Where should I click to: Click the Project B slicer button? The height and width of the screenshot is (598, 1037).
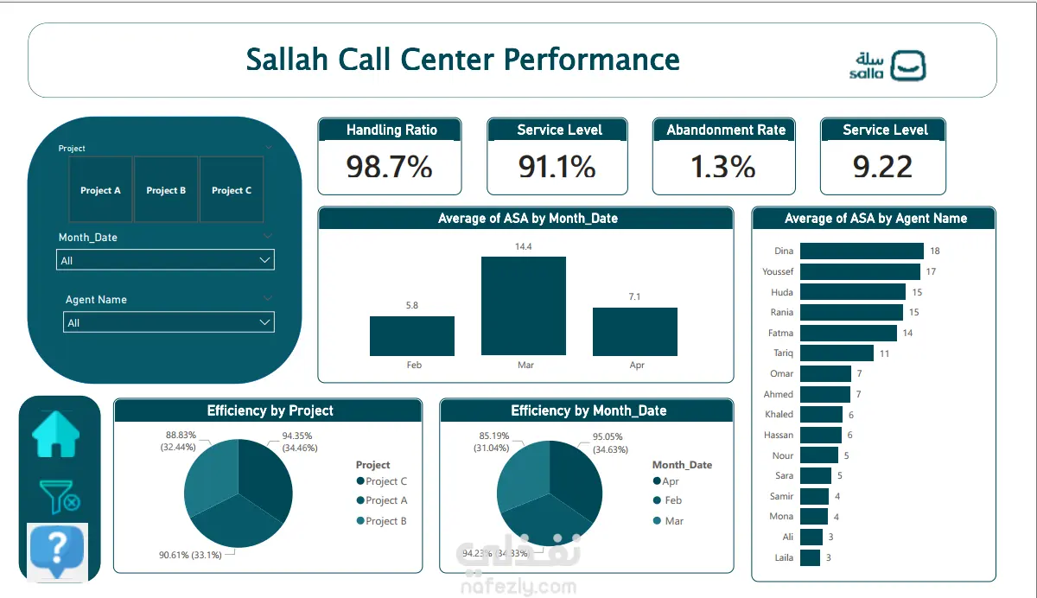point(166,190)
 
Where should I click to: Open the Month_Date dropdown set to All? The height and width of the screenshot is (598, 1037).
point(165,260)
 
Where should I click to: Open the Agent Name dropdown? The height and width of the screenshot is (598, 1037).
point(169,322)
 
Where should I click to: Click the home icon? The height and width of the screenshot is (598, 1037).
point(56,435)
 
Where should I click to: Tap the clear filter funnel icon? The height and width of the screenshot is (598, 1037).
point(60,497)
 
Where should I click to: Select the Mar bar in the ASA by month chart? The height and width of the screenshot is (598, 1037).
point(524,306)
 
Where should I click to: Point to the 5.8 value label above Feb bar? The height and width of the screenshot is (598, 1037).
point(412,305)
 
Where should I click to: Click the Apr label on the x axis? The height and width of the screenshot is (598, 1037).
point(637,365)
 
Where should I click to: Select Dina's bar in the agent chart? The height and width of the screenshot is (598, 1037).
point(862,251)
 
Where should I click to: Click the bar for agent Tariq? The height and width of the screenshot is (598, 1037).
point(837,353)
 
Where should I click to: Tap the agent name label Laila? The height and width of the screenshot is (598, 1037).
point(784,557)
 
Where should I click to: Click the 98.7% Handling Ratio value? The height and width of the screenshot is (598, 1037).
point(390,167)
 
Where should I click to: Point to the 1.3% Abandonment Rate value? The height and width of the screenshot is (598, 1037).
point(723,167)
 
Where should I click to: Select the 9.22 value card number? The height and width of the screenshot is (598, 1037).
point(882,167)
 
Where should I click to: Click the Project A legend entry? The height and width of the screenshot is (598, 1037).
point(382,500)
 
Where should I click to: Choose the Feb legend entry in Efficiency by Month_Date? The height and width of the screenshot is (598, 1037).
point(667,500)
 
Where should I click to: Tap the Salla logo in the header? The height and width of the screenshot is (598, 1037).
point(887,66)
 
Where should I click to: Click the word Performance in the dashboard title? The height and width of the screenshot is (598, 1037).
point(592,60)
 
